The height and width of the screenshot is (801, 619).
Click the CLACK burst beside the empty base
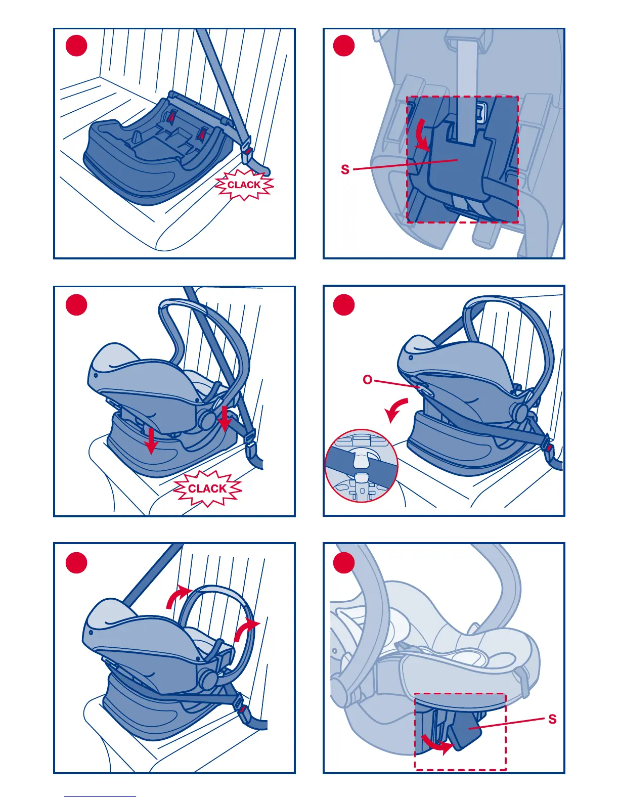pyautogui.click(x=244, y=185)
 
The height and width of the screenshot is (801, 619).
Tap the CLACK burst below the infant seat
pyautogui.click(x=207, y=488)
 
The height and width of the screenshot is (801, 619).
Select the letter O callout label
pyautogui.click(x=368, y=380)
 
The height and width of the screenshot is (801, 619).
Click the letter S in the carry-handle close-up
pyautogui.click(x=552, y=719)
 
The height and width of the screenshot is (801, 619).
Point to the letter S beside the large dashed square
pyautogui.click(x=345, y=169)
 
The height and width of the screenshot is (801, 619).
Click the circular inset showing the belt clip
pyautogui.click(x=362, y=466)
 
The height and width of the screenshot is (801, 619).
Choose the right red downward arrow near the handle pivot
pyautogui.click(x=224, y=419)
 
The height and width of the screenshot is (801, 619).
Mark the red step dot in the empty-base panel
pyautogui.click(x=76, y=46)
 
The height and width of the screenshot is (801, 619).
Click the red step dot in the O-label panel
pyautogui.click(x=343, y=305)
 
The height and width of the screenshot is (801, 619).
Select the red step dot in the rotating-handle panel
pyautogui.click(x=76, y=563)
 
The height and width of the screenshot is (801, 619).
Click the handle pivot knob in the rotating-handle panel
pyautogui.click(x=209, y=678)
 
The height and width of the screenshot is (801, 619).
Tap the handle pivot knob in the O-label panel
pyautogui.click(x=520, y=413)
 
